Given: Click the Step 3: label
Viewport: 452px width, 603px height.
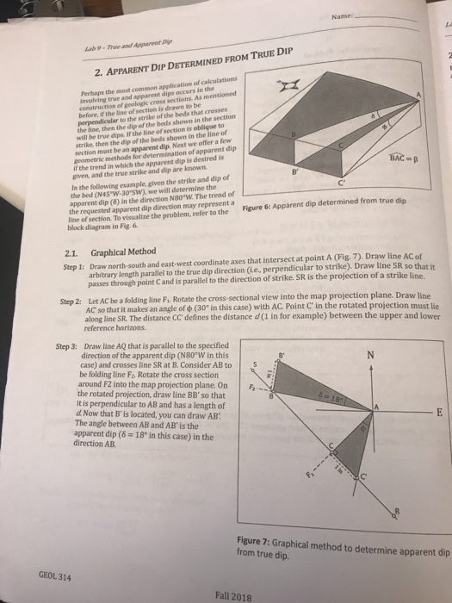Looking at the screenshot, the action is point(66,346).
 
